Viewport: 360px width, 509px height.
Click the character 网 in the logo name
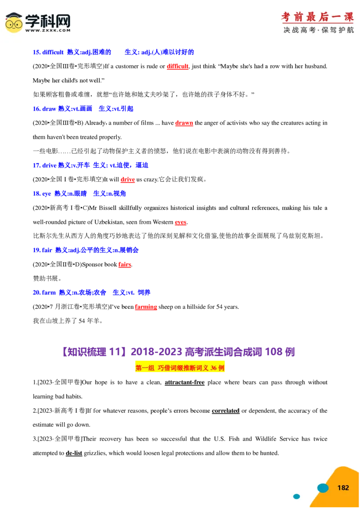pyautogui.click(x=63, y=20)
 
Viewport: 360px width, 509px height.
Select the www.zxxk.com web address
pyautogui.click(x=48, y=31)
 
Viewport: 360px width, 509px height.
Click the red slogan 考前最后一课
pyautogui.click(x=317, y=18)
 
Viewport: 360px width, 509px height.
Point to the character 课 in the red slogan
pyautogui.click(x=348, y=18)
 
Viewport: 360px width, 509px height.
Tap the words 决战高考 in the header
pyautogui.click(x=299, y=30)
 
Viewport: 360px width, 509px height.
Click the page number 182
pyautogui.click(x=343, y=488)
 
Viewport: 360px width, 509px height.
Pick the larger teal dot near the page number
pyautogui.click(x=323, y=488)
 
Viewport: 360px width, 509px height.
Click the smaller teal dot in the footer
pyautogui.click(x=297, y=496)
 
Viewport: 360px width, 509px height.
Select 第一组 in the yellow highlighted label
pyautogui.click(x=145, y=367)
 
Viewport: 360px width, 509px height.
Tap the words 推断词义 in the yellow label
pyautogui.click(x=194, y=367)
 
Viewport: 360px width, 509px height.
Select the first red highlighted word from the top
pyautogui.click(x=178, y=67)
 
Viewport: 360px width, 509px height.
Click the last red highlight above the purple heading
pyautogui.click(x=146, y=308)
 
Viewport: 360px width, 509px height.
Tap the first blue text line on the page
pyautogui.click(x=113, y=52)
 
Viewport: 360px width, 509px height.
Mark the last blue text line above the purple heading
pyautogui.click(x=91, y=292)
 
